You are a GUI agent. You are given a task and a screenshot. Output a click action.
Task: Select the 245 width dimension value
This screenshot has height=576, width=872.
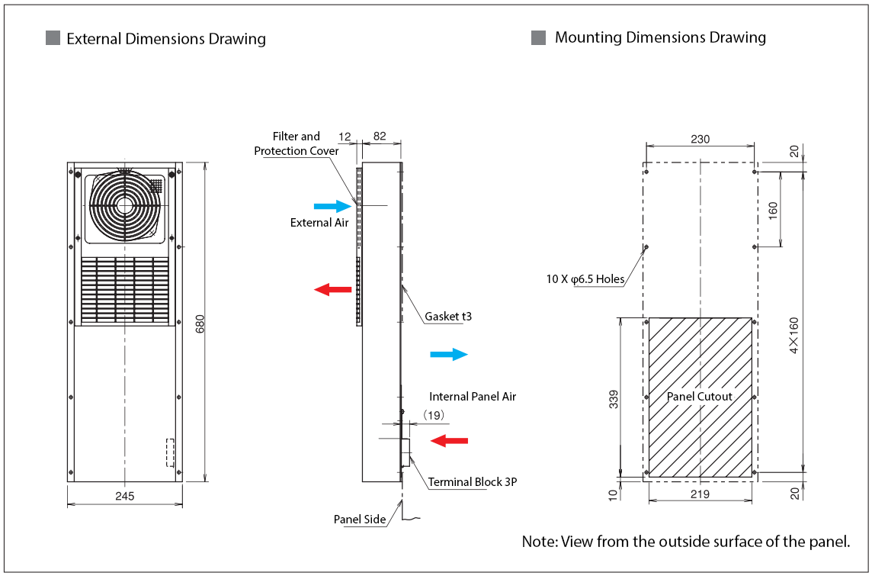point(125,496)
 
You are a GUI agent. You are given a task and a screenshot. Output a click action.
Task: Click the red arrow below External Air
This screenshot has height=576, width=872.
point(332,289)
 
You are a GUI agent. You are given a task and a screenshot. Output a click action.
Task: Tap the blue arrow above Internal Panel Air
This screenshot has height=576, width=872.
point(449,354)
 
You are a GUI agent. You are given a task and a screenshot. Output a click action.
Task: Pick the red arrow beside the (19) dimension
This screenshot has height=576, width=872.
point(449,440)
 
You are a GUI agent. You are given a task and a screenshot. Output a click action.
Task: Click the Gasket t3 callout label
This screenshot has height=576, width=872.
point(448,316)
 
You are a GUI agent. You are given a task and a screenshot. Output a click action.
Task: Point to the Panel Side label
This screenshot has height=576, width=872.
point(360,520)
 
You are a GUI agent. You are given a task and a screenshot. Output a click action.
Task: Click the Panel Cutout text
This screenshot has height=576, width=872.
point(699,397)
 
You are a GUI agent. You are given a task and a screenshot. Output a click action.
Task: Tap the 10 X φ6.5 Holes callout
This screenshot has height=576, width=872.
point(585,279)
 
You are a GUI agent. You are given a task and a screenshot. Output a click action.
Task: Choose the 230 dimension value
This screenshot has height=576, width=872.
point(700,139)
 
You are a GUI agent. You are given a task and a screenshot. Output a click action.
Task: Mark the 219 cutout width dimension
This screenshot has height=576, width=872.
point(700,494)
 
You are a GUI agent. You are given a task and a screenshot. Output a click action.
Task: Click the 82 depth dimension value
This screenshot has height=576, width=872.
point(380,137)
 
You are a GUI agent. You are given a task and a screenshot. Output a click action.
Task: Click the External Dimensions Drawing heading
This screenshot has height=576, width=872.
point(166,39)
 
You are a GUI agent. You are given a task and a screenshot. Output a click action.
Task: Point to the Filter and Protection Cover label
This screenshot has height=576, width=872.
point(296,143)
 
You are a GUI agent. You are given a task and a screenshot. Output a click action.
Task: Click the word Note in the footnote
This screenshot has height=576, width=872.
point(538,542)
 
